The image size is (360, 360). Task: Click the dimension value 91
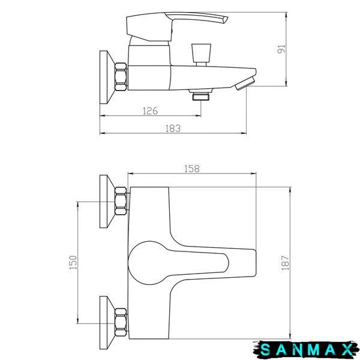281,49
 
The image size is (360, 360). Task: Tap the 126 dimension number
151,111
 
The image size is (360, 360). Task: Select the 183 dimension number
173,128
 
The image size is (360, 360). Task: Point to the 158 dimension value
192,169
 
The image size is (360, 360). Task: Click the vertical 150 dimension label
73,262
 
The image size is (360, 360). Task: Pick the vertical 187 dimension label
286,263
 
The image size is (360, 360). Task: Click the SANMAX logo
306,350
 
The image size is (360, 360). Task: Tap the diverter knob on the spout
202,55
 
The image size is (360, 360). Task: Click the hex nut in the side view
121,77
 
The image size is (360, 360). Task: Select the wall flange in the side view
106,77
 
